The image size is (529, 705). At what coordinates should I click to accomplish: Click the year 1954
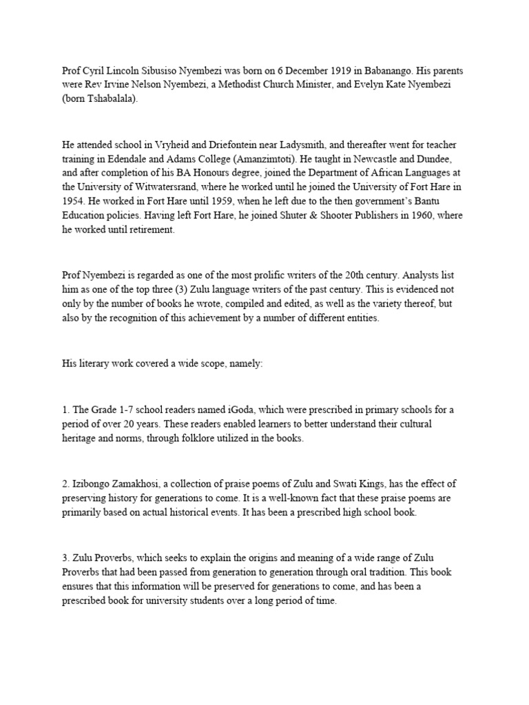(x=72, y=202)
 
